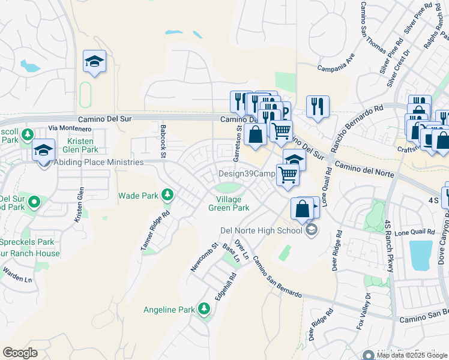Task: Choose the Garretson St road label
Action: pyautogui.click(x=238, y=144)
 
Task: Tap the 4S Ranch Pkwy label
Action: pyautogui.click(x=388, y=246)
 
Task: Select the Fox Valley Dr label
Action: pyautogui.click(x=367, y=311)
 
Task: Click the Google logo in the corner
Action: pyautogui.click(x=20, y=353)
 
